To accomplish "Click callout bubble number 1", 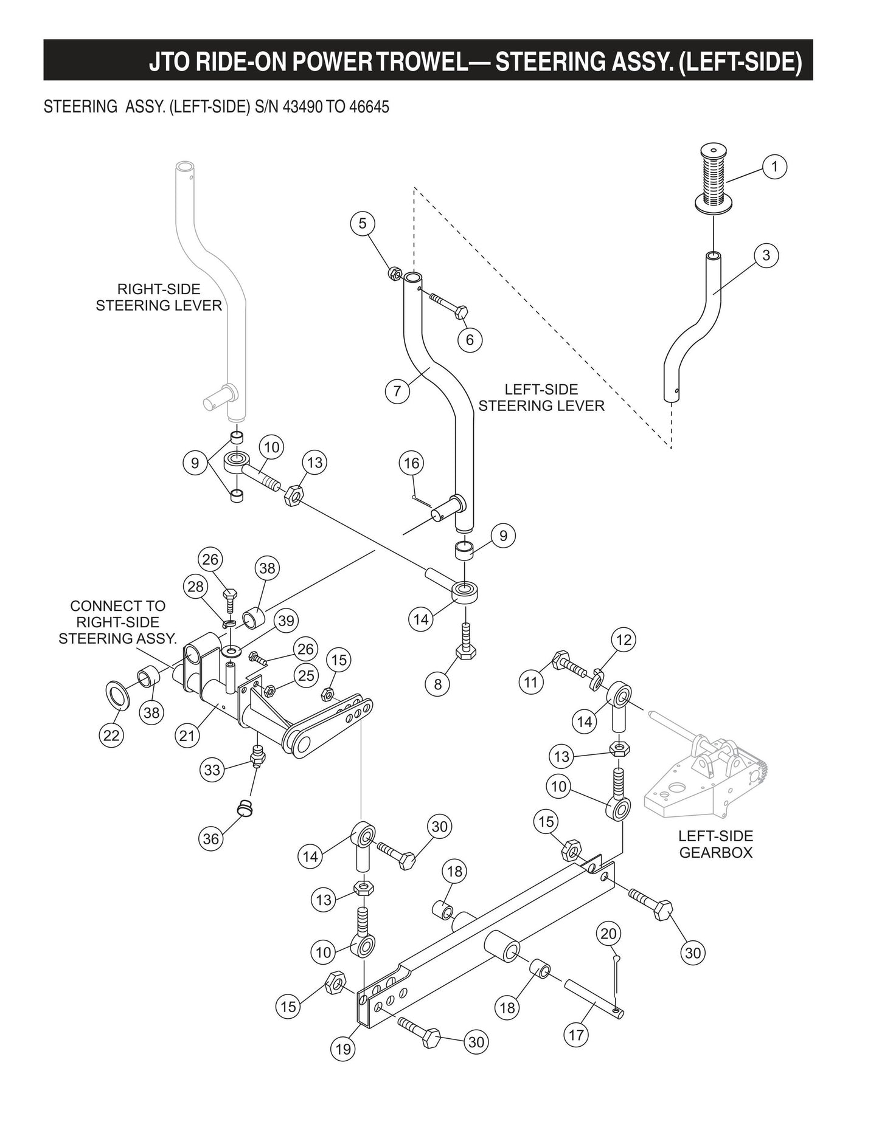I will tap(774, 167).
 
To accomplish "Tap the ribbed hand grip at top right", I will tap(714, 179).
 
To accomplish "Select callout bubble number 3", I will tap(766, 255).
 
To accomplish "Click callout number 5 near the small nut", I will tap(363, 224).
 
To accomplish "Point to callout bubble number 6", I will tap(470, 339).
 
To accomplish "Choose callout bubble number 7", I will tap(397, 390).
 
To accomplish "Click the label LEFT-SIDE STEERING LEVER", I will tap(541, 398).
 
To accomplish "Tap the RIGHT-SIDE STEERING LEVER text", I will tap(159, 297).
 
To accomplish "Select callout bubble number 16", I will tap(412, 464).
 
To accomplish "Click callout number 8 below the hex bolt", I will tap(437, 684).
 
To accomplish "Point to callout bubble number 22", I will tap(111, 736).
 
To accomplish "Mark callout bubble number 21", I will tap(187, 736).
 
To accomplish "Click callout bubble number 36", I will tap(210, 839).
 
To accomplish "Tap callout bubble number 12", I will tap(624, 639).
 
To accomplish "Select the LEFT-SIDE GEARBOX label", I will tap(715, 844).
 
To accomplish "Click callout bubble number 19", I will tap(343, 1049).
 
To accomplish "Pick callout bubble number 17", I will tap(576, 1035).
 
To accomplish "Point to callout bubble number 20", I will tap(608, 934).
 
